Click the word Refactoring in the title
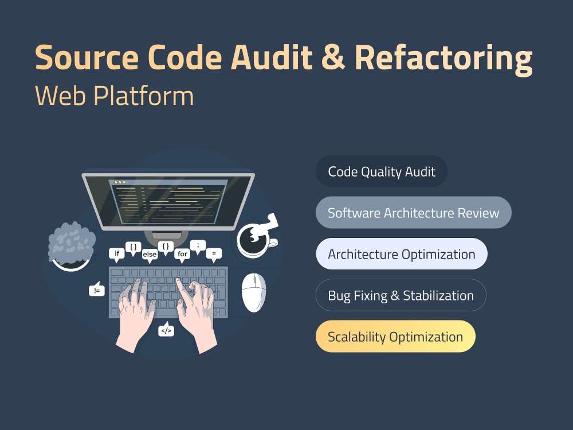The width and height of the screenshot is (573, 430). (x=444, y=58)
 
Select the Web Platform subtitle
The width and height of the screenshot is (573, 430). (x=115, y=95)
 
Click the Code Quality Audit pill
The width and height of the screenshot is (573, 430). (x=382, y=171)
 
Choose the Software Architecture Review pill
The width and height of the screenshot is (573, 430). (x=413, y=213)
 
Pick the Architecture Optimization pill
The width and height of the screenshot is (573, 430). (x=402, y=254)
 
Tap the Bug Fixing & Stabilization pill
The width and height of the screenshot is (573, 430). (x=401, y=295)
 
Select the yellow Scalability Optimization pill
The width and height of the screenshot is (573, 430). (x=395, y=337)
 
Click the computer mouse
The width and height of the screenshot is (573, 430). (x=254, y=292)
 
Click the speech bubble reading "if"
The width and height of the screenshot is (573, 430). (x=116, y=255)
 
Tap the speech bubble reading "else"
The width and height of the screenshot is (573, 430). (x=150, y=255)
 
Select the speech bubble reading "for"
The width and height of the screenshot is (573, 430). (x=182, y=255)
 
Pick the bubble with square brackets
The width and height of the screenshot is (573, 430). (x=133, y=248)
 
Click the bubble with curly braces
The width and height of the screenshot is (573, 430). (x=166, y=248)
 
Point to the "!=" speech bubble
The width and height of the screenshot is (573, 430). (x=97, y=290)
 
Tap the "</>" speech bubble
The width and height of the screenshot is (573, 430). (x=166, y=330)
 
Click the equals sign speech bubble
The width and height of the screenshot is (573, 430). (x=214, y=255)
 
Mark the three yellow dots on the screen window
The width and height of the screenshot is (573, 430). (x=120, y=182)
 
